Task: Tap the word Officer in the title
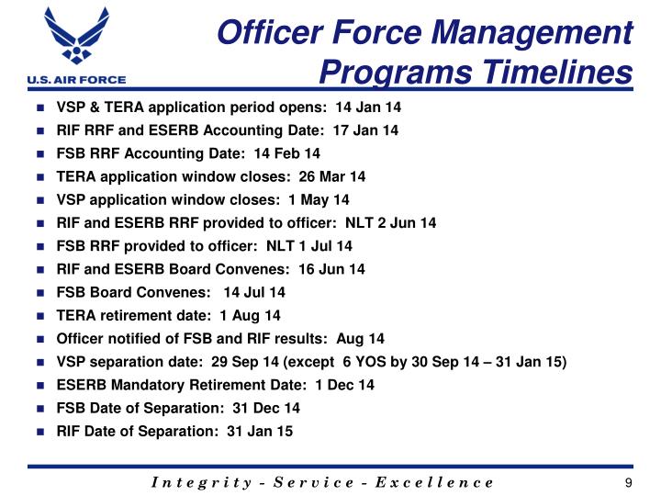265,33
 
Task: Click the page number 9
628,483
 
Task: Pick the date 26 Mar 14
332,176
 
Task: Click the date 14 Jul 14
254,292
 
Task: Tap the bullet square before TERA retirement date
42,316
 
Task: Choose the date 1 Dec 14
343,385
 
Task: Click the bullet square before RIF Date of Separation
42,432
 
